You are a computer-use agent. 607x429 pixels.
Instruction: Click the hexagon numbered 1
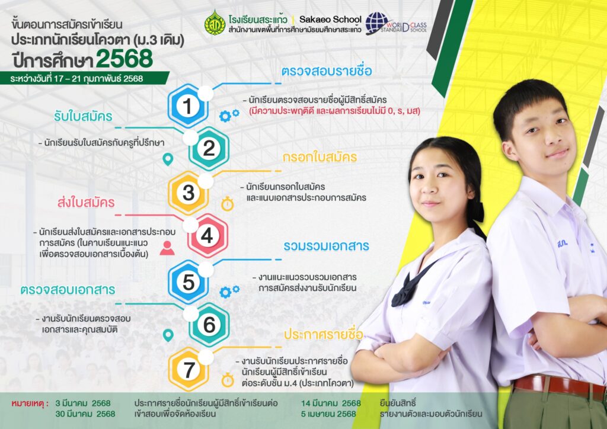point(188,105)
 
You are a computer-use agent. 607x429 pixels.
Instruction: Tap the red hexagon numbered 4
point(207,235)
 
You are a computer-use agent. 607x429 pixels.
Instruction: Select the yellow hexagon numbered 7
point(189,369)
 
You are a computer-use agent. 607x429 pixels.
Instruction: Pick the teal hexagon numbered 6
point(209,324)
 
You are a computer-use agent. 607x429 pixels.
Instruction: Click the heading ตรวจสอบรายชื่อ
point(327,71)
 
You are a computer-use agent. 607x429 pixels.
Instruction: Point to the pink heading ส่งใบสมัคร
point(86,202)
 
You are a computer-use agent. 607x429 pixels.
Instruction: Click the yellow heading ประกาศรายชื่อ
point(324,334)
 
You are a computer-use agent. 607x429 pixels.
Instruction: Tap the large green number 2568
point(124,59)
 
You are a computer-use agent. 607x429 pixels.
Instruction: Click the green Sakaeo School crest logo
point(215,23)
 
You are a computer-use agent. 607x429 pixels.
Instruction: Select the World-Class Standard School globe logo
point(395,24)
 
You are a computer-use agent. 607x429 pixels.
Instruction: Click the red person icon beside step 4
point(167,248)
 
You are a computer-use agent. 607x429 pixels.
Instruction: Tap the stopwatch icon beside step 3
point(227,203)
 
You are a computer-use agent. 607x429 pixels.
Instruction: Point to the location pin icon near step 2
point(168,159)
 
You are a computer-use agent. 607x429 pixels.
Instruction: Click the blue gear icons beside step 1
point(229,116)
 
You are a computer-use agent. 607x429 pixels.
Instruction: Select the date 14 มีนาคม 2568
point(331,404)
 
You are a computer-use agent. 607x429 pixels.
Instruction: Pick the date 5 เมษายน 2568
point(328,414)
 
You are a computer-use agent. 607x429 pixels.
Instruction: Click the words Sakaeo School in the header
point(330,20)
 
